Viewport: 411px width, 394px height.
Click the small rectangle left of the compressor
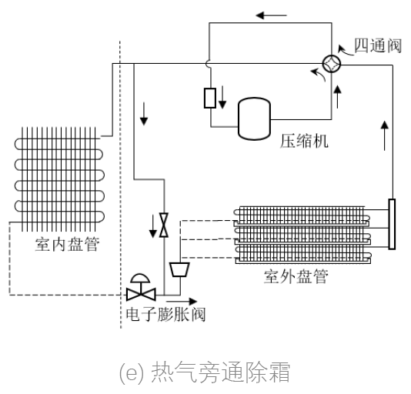(x=209, y=98)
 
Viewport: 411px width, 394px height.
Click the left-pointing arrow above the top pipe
(x=269, y=15)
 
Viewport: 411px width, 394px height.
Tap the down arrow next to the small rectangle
(x=222, y=98)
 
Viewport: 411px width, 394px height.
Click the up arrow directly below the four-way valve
(x=337, y=95)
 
